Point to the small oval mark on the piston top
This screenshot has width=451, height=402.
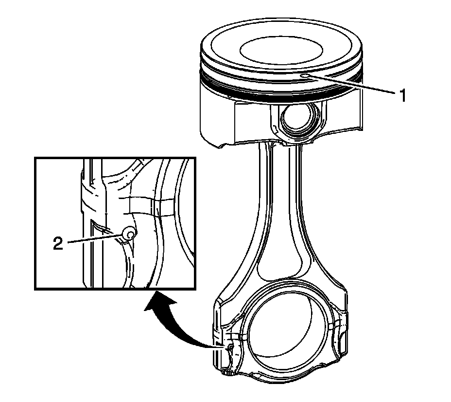pyautogui.click(x=305, y=76)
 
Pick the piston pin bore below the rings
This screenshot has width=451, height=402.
pyautogui.click(x=295, y=119)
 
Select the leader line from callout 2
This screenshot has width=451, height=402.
pyautogui.click(x=95, y=239)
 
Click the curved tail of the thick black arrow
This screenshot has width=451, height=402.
pyautogui.click(x=194, y=338)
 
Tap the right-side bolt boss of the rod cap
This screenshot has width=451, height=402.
pyautogui.click(x=340, y=341)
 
